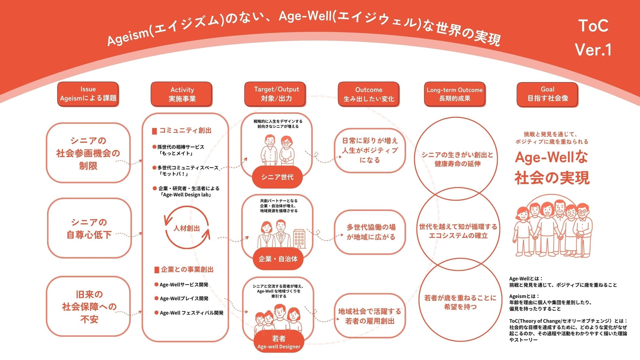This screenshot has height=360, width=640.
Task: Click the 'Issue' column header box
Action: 88,94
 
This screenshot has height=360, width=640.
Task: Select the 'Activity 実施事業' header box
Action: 181,94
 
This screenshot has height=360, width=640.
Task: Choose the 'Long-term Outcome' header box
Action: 455,94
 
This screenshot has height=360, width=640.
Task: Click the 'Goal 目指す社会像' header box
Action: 547,94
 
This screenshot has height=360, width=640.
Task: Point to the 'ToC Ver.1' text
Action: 593,38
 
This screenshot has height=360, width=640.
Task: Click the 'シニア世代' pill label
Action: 277,177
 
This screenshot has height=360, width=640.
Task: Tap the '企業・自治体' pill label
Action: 278,259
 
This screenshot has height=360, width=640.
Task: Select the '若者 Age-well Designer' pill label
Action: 279,342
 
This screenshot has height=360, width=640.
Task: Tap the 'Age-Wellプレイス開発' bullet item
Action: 184,298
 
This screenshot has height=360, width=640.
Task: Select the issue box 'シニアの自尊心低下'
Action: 89,228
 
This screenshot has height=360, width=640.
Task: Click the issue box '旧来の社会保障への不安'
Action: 89,307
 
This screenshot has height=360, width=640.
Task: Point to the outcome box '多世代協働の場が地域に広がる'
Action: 370,232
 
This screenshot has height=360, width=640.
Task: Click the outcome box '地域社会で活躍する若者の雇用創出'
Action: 370,316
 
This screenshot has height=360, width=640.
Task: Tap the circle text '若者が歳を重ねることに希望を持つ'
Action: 460,302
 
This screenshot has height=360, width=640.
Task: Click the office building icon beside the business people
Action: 299,238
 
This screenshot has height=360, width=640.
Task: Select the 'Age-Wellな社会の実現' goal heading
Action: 552,167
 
